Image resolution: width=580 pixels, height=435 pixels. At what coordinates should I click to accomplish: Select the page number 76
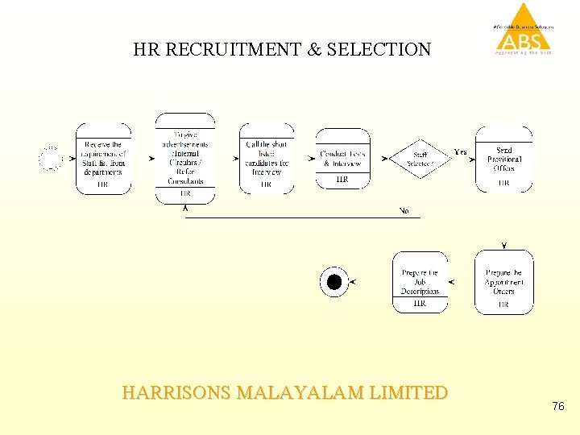click(x=558, y=407)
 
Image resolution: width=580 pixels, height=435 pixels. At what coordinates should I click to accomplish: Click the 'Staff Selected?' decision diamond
click(x=420, y=159)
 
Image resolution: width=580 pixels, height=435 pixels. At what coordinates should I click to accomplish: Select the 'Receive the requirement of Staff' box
click(x=103, y=159)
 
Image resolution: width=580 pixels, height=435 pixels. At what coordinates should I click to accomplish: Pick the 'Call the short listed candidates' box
click(x=266, y=159)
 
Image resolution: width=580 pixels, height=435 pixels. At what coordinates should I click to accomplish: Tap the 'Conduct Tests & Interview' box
click(x=342, y=158)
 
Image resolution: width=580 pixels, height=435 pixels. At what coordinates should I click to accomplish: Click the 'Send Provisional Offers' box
click(x=503, y=159)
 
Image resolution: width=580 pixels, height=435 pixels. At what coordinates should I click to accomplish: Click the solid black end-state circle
click(x=334, y=282)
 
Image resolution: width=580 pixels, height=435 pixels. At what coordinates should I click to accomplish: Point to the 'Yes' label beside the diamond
click(x=461, y=151)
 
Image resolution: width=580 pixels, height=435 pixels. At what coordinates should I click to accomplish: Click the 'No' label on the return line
click(x=404, y=211)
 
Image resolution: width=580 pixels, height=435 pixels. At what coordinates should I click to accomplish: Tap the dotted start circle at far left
click(x=51, y=159)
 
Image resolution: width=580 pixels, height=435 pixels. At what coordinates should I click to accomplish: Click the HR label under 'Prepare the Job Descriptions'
click(x=420, y=304)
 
